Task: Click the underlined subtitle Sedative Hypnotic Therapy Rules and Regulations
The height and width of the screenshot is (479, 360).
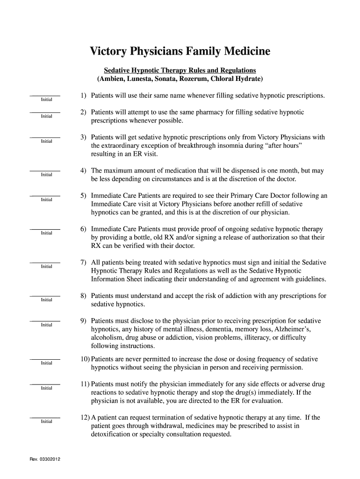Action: click(x=180, y=71)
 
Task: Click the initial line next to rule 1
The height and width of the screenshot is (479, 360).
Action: click(x=45, y=95)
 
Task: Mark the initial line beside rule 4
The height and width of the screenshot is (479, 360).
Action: click(x=45, y=171)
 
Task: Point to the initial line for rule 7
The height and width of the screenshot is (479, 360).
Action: click(x=45, y=262)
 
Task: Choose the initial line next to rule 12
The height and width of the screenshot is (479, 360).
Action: click(x=45, y=417)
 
